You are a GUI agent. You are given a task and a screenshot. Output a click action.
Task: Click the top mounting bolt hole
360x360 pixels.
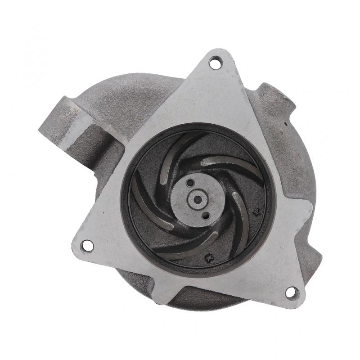point(215,63)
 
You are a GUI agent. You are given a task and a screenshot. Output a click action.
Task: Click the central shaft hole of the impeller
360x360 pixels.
point(198,198)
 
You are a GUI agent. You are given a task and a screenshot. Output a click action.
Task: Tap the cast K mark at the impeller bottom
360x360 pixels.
point(208,258)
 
